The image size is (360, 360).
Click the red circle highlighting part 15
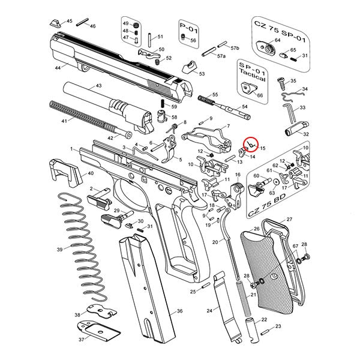coord(251,145)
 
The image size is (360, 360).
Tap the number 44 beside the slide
coord(58,68)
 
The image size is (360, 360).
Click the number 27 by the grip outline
coord(289,220)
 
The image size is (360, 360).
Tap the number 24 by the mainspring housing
coord(209,311)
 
